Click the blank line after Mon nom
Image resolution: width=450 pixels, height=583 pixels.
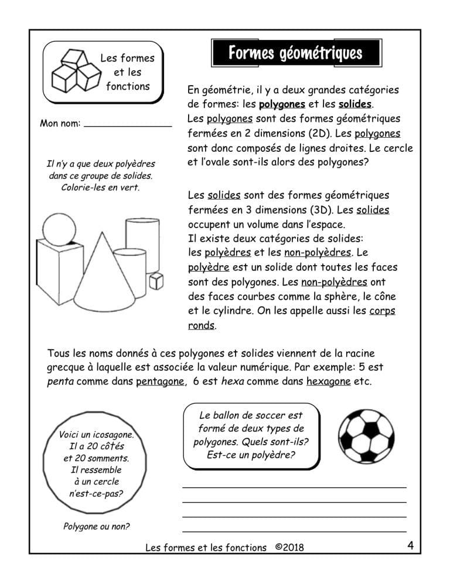point(128,124)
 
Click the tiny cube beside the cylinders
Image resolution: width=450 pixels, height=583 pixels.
point(155,281)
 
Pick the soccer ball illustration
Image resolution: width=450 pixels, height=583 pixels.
point(367,434)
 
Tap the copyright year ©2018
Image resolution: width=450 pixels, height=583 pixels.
point(289,547)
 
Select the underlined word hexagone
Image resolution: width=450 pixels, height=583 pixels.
point(328,382)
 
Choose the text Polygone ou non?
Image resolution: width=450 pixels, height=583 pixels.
point(96,526)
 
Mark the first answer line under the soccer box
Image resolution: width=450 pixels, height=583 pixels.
point(294,487)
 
